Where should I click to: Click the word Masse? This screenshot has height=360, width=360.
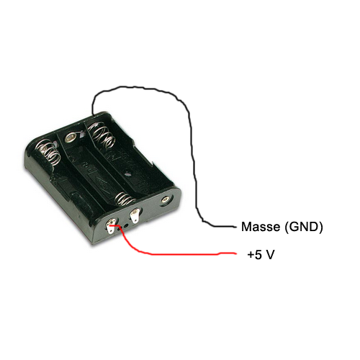point(261,227)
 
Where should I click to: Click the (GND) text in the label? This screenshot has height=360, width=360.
point(303,227)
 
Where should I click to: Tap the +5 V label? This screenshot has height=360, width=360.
point(261,255)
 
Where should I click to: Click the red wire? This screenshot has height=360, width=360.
point(168,254)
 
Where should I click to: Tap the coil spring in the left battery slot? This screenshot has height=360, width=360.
point(49,153)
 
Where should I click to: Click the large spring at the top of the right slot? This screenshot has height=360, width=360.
point(102,135)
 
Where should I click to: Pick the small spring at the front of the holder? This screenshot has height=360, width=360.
point(124,199)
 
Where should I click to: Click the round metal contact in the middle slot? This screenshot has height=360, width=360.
point(71,138)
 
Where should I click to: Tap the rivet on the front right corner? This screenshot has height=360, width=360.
point(165,199)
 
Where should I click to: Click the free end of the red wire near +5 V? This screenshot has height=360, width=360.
point(235,253)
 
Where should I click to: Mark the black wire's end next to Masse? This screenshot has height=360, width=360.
point(235,226)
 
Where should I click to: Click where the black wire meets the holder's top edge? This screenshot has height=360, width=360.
point(92,114)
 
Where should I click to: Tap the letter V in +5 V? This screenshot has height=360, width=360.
point(270,255)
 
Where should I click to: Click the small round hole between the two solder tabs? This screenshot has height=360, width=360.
point(125,226)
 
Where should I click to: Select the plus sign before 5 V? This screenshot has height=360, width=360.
point(251,255)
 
